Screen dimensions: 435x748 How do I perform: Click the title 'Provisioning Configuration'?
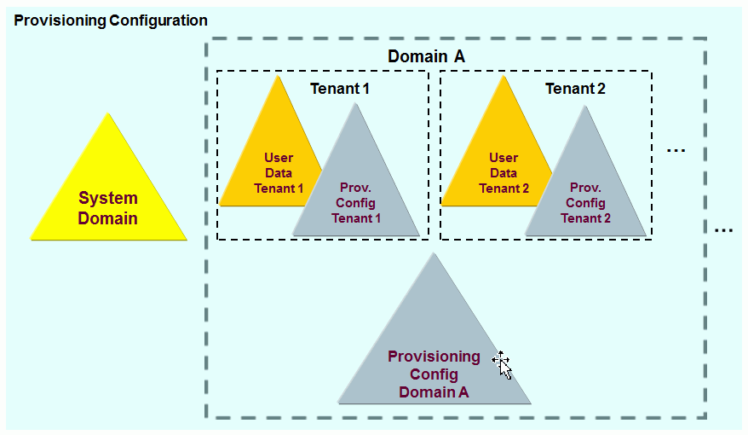click(x=111, y=20)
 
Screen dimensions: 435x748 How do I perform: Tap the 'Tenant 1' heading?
click(x=340, y=88)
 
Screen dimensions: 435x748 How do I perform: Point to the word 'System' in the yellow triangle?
click(x=108, y=199)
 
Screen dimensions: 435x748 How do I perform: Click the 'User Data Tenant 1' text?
click(x=279, y=173)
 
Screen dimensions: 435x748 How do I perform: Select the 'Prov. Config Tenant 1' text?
click(x=357, y=202)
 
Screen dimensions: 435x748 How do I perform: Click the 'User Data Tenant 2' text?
click(x=503, y=173)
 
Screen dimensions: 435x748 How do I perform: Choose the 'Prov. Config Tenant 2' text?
click(x=585, y=202)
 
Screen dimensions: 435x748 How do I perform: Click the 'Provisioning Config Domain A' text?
click(x=434, y=374)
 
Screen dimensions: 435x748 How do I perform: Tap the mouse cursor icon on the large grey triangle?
click(x=503, y=364)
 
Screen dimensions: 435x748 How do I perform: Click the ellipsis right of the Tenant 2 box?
click(x=676, y=151)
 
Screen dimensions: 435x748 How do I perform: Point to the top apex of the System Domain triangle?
click(x=109, y=114)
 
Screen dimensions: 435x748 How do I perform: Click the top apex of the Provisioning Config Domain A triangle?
click(x=434, y=253)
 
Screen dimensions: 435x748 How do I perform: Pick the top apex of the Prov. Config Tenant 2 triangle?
click(x=585, y=107)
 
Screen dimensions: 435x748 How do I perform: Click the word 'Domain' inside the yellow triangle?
click(x=108, y=218)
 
